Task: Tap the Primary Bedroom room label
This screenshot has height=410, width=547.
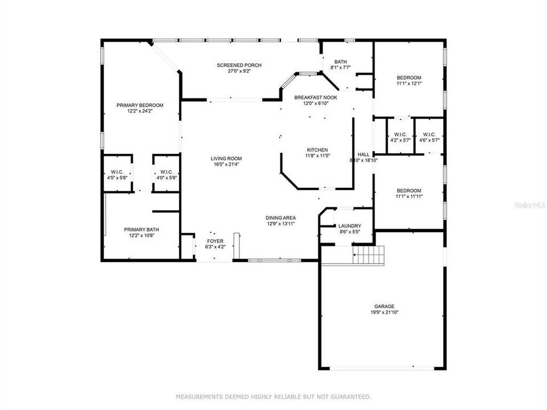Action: pos(140,105)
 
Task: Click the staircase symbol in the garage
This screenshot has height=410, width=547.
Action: pos(368,255)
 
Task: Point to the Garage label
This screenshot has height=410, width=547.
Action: pos(383,306)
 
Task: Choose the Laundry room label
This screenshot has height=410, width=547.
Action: pos(349,226)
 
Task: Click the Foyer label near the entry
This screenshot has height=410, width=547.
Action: pos(215,241)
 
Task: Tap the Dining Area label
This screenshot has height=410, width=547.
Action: pos(280,218)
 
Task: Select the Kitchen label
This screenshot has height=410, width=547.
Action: pos(317,150)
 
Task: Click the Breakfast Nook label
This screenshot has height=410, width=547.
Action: pos(316,97)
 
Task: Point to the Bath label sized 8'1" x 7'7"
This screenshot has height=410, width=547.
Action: pos(341,61)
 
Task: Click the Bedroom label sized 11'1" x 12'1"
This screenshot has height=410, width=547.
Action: pos(409,77)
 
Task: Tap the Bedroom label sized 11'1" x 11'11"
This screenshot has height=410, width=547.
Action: pos(409,191)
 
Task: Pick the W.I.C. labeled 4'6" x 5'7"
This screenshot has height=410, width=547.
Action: pos(429,134)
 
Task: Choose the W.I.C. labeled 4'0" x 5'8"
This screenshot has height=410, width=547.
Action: pos(166,172)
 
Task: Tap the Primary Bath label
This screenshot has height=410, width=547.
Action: pos(140,229)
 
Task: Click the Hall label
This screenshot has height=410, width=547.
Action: pos(364,154)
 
